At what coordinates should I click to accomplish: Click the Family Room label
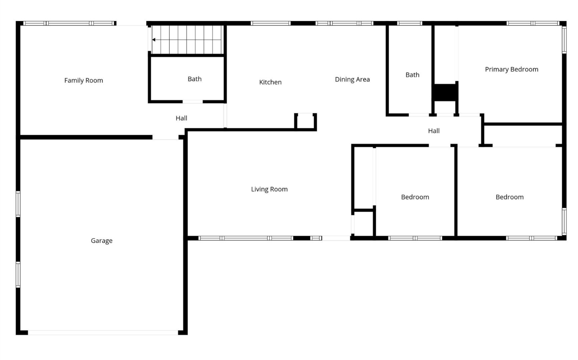[x=83, y=80]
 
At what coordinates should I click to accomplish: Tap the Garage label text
[x=101, y=241]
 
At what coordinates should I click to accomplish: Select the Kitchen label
[x=270, y=82]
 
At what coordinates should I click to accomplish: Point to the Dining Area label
[x=352, y=79]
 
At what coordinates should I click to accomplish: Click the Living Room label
[x=269, y=189]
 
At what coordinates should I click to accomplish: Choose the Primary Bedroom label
[x=511, y=69]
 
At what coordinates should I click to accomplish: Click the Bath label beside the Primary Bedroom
[x=412, y=75]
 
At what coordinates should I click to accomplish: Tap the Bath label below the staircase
[x=194, y=79]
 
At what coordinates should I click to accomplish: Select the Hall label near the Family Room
[x=181, y=118]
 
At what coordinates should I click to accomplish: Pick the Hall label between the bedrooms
[x=434, y=131]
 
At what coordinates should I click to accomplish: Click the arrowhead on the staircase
[x=154, y=40]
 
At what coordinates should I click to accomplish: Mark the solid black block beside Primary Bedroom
[x=445, y=92]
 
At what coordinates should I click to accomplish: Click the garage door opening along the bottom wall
[x=103, y=333]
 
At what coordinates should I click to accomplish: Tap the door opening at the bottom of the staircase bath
[x=192, y=102]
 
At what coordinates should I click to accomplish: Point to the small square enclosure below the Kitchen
[x=306, y=122]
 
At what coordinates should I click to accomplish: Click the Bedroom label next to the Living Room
[x=415, y=197]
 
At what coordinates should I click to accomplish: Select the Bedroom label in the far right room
[x=509, y=197]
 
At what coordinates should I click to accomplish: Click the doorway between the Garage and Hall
[x=165, y=137]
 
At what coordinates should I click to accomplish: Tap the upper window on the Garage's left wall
[x=18, y=204]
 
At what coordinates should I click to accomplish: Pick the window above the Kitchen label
[x=270, y=23]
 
